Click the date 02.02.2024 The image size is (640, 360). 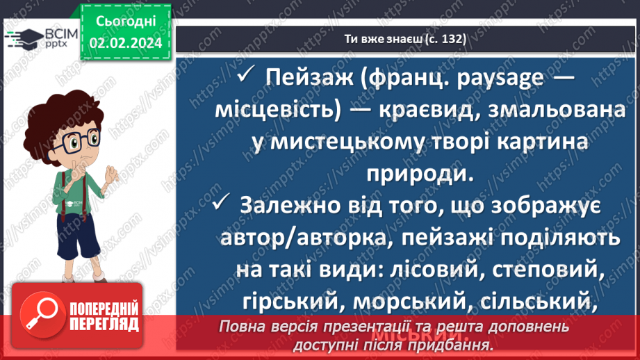[x=126, y=43]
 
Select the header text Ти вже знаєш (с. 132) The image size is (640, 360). [x=405, y=39]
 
